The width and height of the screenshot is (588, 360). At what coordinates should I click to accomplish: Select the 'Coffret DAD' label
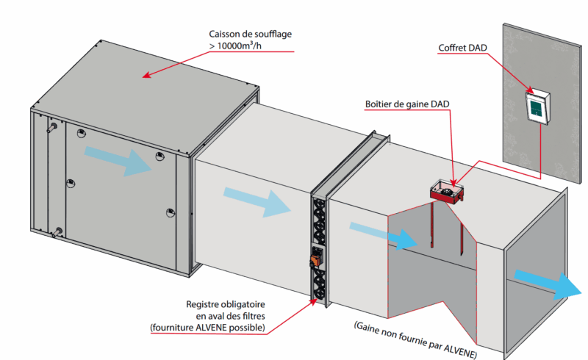[462, 48]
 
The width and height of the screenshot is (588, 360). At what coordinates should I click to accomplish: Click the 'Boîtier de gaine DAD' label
[406, 104]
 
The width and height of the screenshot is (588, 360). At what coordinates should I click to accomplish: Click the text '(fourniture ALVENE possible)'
[207, 327]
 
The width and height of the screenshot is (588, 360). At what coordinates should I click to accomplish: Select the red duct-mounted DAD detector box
[446, 192]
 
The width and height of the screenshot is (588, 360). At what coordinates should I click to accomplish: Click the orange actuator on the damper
[315, 259]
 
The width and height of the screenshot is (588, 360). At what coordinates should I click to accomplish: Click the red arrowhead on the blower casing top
[146, 75]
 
